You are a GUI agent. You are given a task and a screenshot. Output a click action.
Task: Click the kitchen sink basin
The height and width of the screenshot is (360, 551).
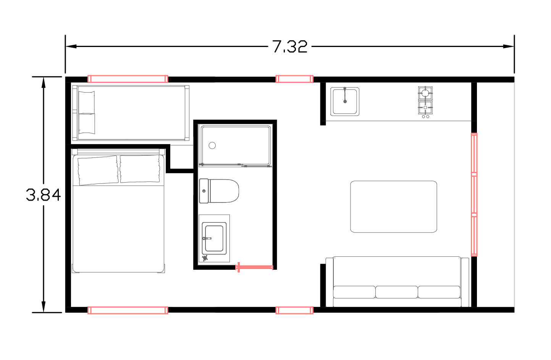345,102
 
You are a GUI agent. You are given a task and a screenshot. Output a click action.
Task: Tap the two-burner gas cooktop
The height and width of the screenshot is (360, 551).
425,101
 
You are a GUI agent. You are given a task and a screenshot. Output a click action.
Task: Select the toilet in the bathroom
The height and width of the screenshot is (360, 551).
223,191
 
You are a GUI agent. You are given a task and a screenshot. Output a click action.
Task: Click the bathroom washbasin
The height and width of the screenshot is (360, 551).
214,238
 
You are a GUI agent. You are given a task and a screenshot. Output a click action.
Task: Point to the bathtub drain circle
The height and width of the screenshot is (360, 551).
212,145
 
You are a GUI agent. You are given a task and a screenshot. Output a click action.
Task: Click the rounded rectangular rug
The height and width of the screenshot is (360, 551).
394,206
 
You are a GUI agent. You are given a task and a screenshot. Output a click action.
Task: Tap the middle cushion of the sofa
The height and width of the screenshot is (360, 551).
397,292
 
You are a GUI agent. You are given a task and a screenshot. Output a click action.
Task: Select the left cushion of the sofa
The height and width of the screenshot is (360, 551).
354,292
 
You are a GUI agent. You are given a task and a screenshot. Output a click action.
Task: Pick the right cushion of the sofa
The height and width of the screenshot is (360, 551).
439,292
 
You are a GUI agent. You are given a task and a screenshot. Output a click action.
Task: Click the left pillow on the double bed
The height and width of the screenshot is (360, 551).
98,170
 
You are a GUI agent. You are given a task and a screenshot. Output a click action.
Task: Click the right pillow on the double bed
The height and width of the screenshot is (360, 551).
140,169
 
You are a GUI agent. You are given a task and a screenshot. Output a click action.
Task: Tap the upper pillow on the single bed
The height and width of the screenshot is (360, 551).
87,102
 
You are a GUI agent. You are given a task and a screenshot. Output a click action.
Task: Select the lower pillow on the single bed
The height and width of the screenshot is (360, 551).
87,123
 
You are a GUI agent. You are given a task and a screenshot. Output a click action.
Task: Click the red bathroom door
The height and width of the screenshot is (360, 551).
255,267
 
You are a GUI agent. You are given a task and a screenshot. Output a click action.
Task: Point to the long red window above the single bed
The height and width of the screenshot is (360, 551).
128,79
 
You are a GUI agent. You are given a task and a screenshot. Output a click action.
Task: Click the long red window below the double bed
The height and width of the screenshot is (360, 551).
128,310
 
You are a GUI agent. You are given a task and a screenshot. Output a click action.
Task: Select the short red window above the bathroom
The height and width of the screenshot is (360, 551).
294,79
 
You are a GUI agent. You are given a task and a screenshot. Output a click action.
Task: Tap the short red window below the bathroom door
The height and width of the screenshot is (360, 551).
294,310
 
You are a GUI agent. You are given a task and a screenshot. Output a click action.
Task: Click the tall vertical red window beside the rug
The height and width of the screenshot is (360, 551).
474,195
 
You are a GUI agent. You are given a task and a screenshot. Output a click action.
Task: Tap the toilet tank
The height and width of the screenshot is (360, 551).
204,191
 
